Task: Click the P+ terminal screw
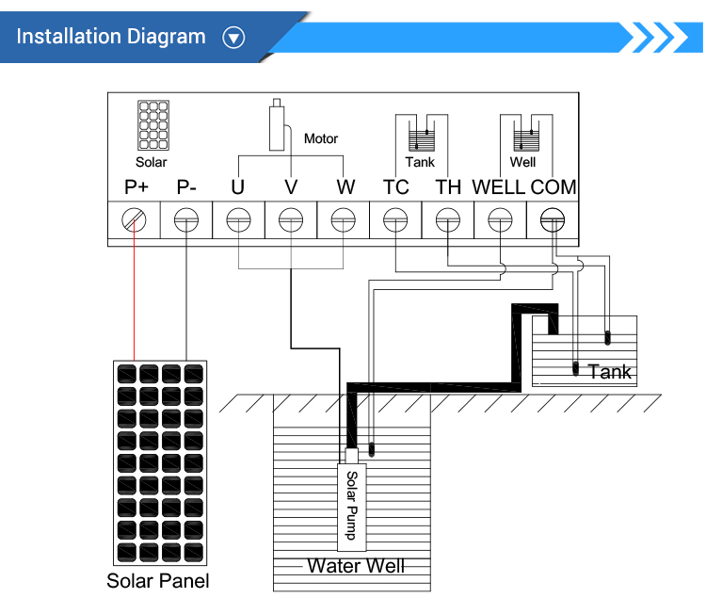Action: tap(134, 220)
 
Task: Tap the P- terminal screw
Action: tap(186, 220)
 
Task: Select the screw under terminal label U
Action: tap(238, 220)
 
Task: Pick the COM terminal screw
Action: tap(552, 220)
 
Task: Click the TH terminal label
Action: tap(448, 187)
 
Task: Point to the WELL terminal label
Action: tap(498, 187)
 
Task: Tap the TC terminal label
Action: tap(395, 187)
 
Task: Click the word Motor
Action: tap(321, 138)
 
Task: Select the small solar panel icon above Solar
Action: tap(153, 125)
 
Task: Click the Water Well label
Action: tap(356, 566)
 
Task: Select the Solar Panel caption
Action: tap(157, 581)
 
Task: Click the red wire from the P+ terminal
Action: tap(135, 291)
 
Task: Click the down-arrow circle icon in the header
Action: tap(233, 38)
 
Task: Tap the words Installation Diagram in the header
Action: tap(111, 37)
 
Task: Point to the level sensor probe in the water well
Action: tap(372, 449)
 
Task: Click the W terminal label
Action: tap(345, 187)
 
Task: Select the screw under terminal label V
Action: tap(291, 220)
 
